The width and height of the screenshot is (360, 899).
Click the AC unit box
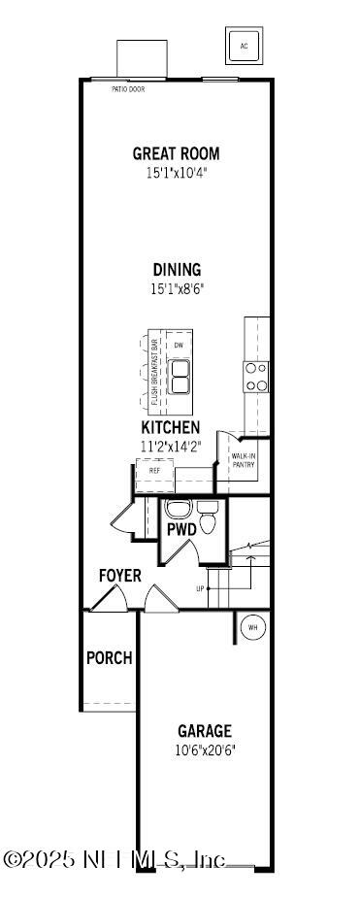(x=244, y=46)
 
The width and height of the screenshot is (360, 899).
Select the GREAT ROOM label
(x=177, y=153)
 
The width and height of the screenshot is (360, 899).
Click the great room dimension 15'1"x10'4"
(x=177, y=173)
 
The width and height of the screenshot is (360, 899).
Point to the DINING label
(x=177, y=270)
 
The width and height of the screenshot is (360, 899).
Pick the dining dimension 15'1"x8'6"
(x=177, y=288)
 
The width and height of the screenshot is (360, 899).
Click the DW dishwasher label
(x=179, y=346)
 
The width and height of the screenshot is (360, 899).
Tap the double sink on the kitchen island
(x=179, y=377)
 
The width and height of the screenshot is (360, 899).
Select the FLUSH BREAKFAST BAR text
(x=154, y=373)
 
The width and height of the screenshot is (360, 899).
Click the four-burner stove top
(x=256, y=377)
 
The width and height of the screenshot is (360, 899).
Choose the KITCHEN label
(x=171, y=427)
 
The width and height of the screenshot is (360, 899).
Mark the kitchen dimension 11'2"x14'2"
(x=171, y=447)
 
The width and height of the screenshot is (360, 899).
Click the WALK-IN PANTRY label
(x=243, y=459)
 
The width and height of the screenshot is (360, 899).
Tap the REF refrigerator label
(x=154, y=471)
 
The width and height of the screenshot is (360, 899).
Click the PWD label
(x=181, y=530)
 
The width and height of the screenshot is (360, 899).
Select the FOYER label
(x=120, y=576)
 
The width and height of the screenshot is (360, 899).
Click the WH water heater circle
(x=252, y=628)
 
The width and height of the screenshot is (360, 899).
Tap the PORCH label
(x=109, y=657)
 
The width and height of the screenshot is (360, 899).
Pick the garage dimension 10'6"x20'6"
(x=204, y=749)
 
